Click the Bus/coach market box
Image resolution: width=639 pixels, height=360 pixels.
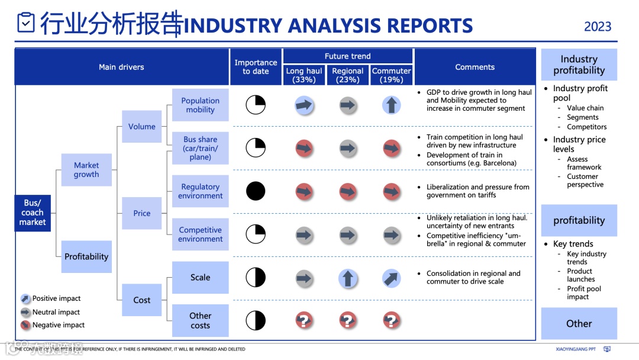tap(33, 213)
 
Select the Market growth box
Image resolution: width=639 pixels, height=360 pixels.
tap(86, 170)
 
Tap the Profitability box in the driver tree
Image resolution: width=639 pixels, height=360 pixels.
tap(86, 256)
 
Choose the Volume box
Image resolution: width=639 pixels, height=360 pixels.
tap(142, 127)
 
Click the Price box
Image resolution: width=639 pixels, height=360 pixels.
tap(142, 213)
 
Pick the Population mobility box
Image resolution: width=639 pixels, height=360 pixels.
tap(201, 105)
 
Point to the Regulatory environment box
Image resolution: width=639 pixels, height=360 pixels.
tap(201, 191)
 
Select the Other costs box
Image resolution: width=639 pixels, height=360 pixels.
tap(201, 320)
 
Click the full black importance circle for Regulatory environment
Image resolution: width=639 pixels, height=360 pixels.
tap(256, 191)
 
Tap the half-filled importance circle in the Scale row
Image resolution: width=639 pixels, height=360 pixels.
tap(256, 277)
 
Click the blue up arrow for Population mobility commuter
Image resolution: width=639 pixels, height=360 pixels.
tap(392, 105)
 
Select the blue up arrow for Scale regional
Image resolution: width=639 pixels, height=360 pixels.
tap(348, 278)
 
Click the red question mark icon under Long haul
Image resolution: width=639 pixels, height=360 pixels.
tap(304, 320)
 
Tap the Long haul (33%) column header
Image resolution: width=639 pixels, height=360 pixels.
tap(304, 75)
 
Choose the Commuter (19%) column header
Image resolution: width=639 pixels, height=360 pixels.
tap(392, 75)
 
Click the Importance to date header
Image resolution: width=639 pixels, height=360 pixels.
tap(256, 67)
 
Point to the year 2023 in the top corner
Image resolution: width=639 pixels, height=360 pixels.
tap(598, 27)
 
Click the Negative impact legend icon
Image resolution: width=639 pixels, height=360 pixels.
tap(25, 325)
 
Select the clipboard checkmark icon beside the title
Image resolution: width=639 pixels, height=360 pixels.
tap(26, 22)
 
